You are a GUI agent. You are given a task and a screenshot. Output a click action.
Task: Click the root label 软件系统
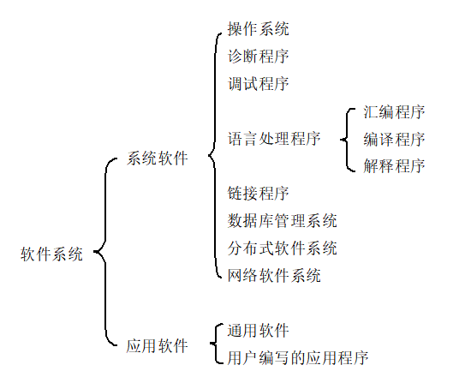click(52, 254)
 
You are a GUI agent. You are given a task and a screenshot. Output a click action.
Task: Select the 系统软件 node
click(158, 159)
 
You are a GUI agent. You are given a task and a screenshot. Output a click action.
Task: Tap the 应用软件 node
click(158, 346)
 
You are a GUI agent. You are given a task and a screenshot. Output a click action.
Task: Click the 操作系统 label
click(259, 29)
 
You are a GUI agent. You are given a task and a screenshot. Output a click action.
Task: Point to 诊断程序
click(259, 57)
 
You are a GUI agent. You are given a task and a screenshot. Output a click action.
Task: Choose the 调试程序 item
click(259, 84)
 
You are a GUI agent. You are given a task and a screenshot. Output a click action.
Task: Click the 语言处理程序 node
click(274, 138)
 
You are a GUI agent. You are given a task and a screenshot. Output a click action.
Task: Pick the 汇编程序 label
click(394, 112)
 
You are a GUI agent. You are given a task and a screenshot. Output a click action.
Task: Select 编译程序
click(394, 139)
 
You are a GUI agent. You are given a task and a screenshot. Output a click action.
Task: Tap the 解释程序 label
click(394, 165)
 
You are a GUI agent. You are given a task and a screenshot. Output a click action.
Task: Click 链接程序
click(259, 194)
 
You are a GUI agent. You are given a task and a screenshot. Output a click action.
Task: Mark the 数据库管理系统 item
click(283, 221)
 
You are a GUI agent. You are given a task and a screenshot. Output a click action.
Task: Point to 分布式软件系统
click(283, 248)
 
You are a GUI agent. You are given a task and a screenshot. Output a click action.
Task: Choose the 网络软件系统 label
click(274, 276)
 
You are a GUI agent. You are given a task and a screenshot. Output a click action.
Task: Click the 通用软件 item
click(259, 331)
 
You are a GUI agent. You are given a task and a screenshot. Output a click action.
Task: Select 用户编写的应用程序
click(298, 357)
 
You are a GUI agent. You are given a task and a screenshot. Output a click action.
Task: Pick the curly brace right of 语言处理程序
click(346, 139)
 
